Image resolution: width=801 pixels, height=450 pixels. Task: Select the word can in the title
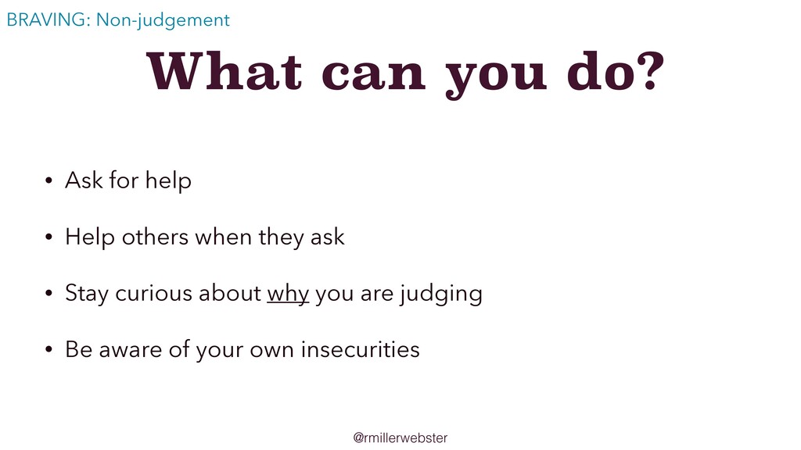point(373,75)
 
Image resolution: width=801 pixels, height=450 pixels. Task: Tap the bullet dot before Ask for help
point(48,180)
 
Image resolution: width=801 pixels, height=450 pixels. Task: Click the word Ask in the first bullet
point(84,180)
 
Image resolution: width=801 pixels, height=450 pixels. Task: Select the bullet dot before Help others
point(48,237)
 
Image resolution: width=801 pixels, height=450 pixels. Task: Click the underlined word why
point(288,295)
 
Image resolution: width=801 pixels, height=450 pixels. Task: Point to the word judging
point(441,295)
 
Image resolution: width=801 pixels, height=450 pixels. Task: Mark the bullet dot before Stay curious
point(48,293)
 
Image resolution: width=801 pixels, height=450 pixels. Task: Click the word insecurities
point(360,349)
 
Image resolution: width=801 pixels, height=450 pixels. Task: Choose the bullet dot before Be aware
point(48,349)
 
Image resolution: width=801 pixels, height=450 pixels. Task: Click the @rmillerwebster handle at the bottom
point(400,437)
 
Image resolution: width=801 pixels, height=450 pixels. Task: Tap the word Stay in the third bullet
point(86,295)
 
